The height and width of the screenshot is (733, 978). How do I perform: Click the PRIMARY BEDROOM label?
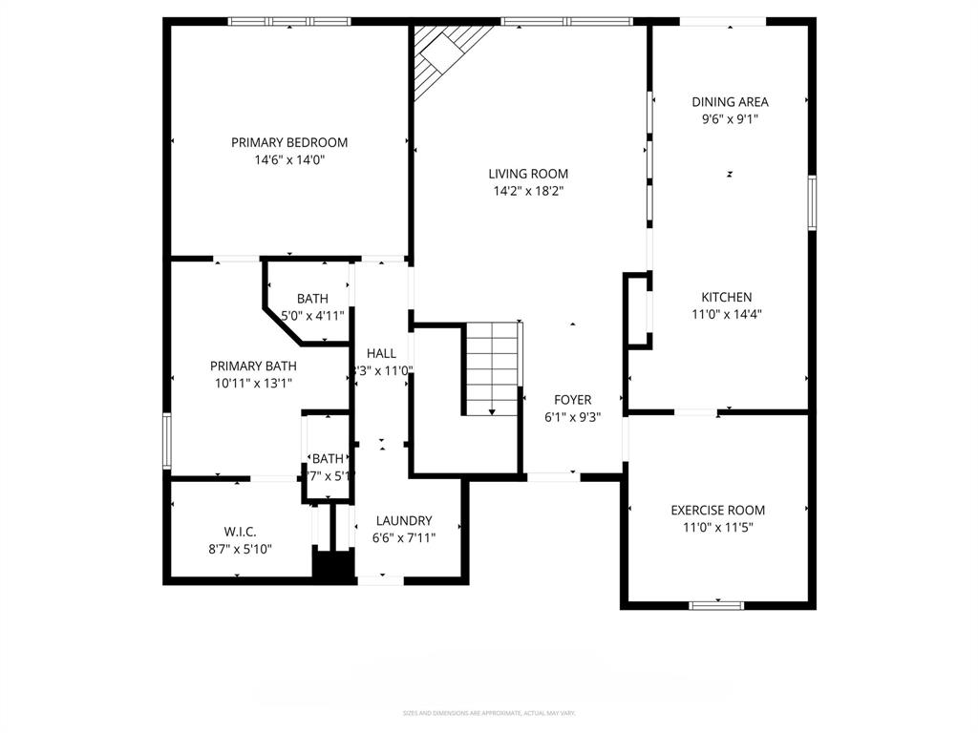click(289, 142)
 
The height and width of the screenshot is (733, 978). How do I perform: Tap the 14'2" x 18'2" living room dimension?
click(528, 191)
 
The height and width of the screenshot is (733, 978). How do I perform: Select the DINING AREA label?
click(730, 102)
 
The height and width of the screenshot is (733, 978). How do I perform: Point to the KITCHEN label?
click(727, 297)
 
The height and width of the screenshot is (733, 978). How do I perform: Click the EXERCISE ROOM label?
click(717, 510)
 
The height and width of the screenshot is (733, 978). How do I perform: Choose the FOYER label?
click(572, 400)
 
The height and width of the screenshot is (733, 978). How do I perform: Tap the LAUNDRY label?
click(404, 520)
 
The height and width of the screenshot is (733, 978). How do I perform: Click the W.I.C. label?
click(240, 531)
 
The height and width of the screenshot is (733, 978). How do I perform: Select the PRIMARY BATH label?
click(253, 366)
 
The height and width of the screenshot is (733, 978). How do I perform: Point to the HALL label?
click(381, 353)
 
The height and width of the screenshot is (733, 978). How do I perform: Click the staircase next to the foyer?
click(493, 368)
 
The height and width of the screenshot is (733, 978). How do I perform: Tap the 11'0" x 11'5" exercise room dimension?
click(717, 527)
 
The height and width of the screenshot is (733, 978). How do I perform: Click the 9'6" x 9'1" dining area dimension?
click(730, 119)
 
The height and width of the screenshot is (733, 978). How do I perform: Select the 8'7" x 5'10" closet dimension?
click(240, 548)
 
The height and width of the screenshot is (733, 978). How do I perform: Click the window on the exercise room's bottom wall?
click(717, 604)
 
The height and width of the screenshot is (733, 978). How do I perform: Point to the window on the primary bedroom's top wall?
click(289, 21)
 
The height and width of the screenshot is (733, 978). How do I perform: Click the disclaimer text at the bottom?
click(489, 713)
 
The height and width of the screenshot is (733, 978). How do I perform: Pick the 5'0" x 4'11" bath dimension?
click(312, 315)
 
